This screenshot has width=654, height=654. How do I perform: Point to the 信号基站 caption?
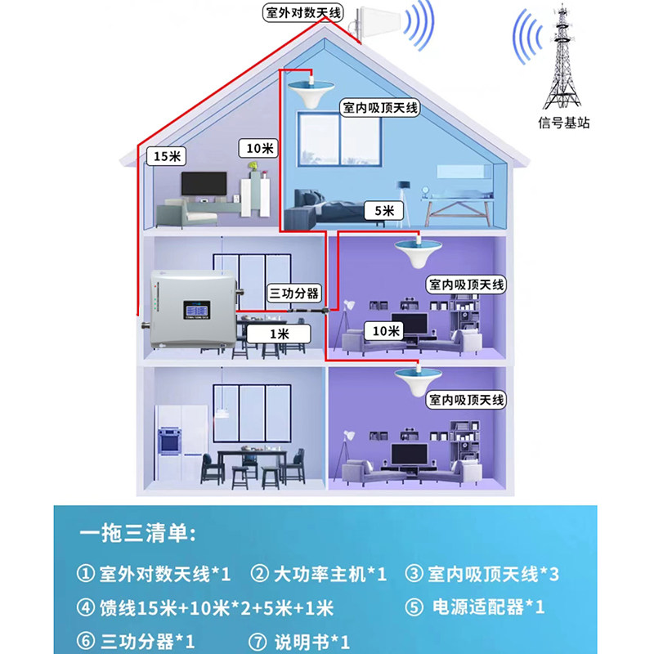563,123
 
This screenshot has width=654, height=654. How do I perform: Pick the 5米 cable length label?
384,211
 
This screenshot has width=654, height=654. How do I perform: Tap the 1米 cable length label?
280,334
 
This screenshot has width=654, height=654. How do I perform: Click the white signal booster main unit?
190,312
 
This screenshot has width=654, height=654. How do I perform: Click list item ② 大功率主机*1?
319,574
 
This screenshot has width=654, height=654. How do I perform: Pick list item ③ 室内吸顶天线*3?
482,574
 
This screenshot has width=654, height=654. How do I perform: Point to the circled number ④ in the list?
85,607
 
